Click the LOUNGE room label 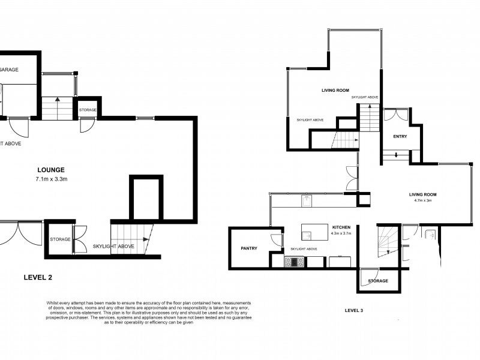(x=50, y=170)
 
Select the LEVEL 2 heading (x=41, y=277)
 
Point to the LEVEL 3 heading (x=354, y=310)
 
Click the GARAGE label (x=8, y=70)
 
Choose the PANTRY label (x=249, y=248)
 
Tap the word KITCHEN (x=341, y=227)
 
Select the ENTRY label (x=400, y=137)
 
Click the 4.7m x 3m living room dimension (x=423, y=200)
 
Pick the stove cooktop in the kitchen (x=293, y=262)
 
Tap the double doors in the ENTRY (x=396, y=115)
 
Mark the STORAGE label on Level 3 (x=378, y=281)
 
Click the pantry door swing (x=276, y=240)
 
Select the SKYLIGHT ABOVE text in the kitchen (x=304, y=248)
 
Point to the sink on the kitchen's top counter (x=306, y=200)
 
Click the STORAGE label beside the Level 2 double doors (x=60, y=239)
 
